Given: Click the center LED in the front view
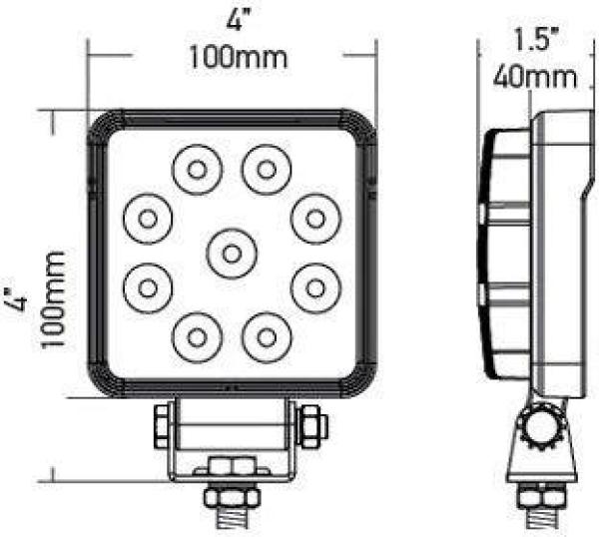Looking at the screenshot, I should coord(231,253).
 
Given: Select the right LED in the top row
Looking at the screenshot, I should coord(266,168).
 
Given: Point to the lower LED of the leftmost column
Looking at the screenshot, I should coord(148,286).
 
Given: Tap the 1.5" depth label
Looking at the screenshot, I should coord(534,40).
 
